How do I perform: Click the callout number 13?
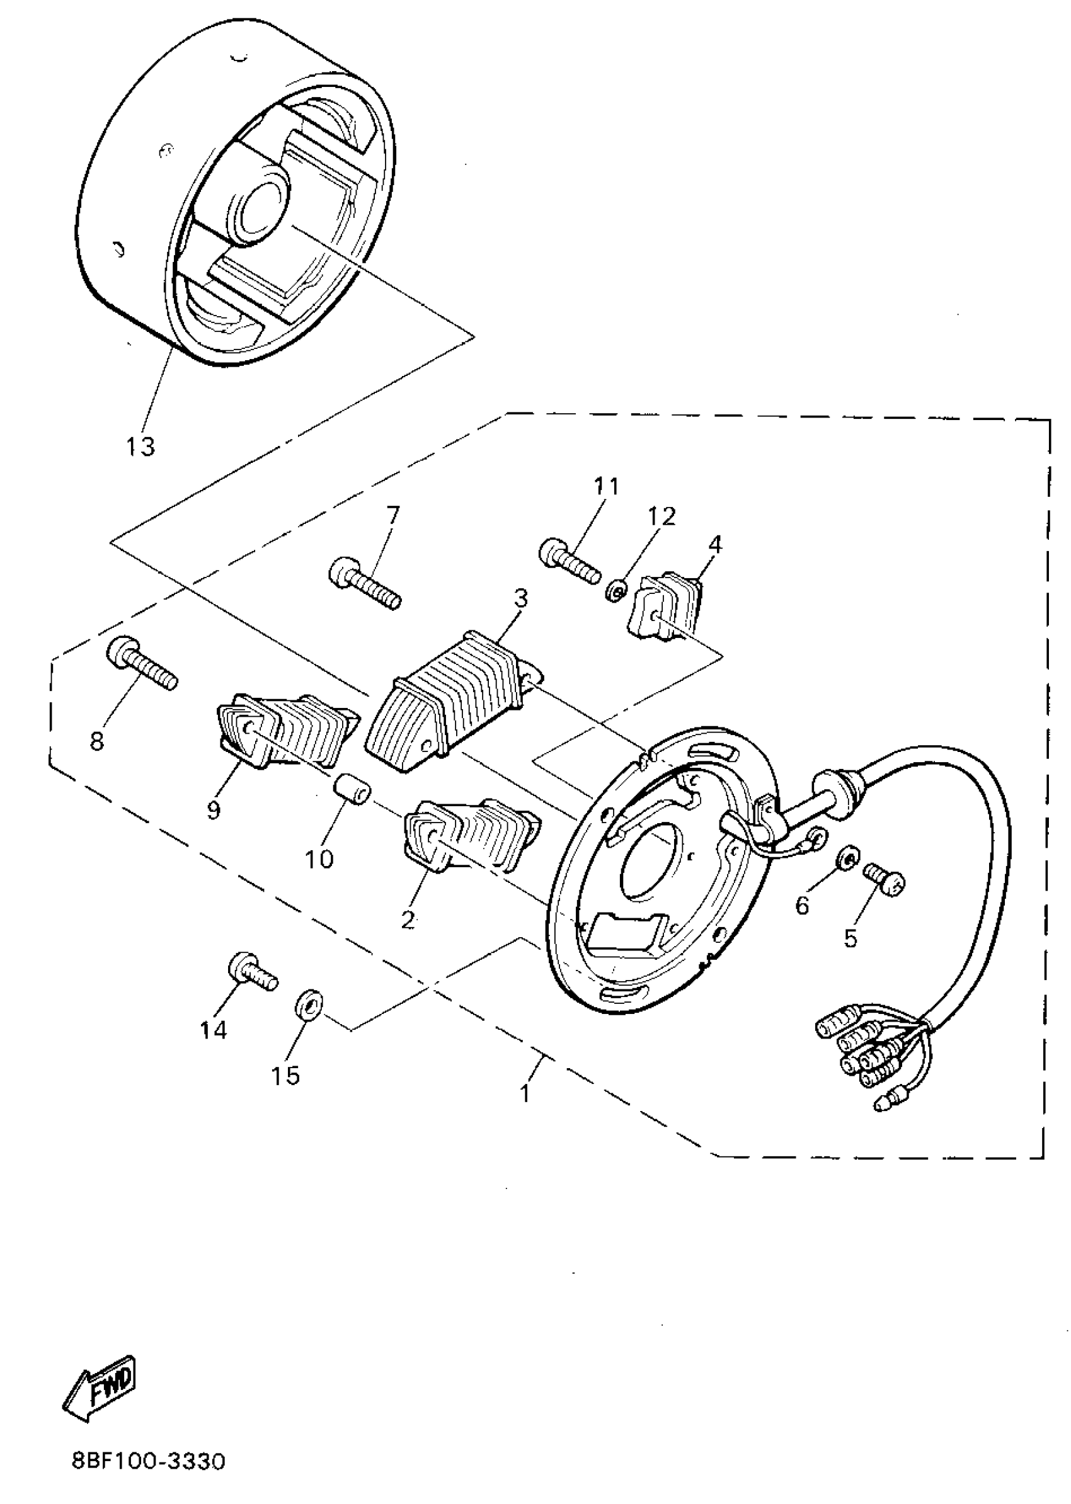click(x=140, y=447)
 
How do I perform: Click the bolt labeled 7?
click(x=365, y=582)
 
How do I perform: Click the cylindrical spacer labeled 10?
click(x=352, y=790)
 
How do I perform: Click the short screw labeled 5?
click(x=883, y=878)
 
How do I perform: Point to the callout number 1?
click(x=525, y=1094)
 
